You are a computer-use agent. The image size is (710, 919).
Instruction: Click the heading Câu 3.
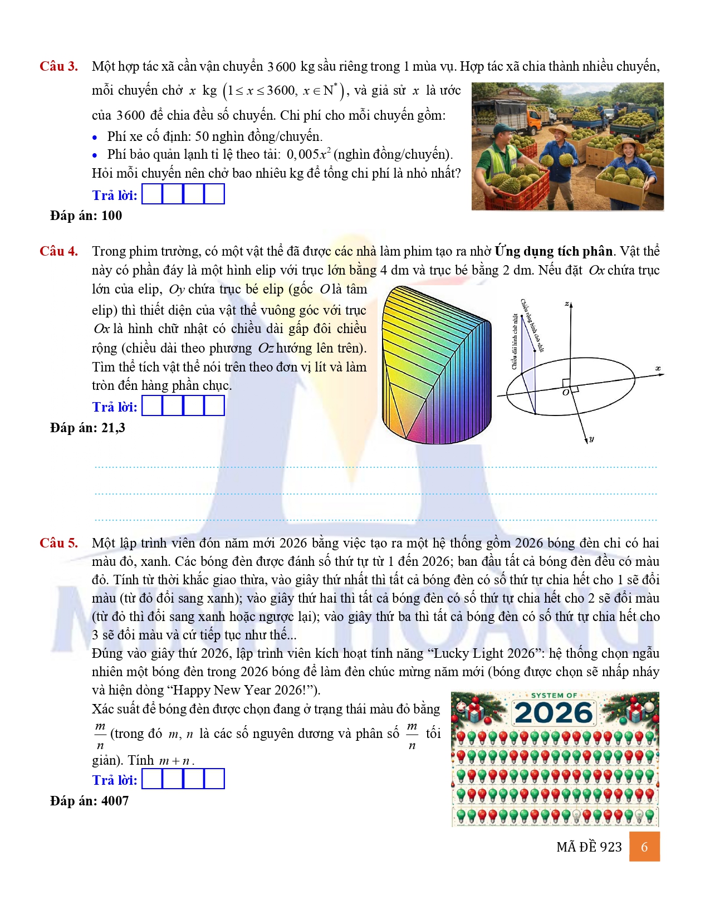click(58, 66)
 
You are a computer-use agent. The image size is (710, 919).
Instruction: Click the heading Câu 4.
click(58, 251)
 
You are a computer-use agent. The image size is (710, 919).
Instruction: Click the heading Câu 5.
click(58, 543)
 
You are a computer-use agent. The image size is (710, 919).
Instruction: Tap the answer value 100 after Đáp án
click(111, 216)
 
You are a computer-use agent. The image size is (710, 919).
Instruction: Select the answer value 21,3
click(113, 428)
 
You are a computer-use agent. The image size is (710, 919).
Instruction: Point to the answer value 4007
click(115, 801)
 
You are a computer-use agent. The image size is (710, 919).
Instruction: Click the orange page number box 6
click(644, 847)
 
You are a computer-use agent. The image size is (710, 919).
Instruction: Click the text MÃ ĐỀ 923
click(589, 847)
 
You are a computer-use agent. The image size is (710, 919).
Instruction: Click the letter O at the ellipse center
click(565, 393)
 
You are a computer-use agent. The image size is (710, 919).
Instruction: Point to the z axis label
click(566, 304)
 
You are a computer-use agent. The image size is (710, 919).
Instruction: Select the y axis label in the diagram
click(591, 439)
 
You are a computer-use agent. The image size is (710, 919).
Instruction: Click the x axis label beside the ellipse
click(658, 368)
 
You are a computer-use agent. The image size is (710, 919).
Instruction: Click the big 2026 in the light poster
click(554, 713)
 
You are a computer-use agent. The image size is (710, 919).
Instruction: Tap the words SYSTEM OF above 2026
click(554, 696)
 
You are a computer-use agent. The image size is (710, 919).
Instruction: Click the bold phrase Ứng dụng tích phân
click(554, 251)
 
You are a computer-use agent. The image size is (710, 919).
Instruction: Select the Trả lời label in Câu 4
click(114, 407)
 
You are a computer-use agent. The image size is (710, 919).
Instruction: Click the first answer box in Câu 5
click(152, 779)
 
